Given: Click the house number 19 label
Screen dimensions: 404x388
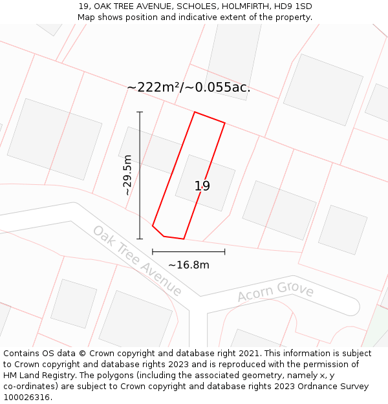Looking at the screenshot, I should point(202,186).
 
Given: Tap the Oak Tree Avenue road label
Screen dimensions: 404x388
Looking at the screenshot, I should point(137,260).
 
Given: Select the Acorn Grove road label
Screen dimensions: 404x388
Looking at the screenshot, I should point(275,292).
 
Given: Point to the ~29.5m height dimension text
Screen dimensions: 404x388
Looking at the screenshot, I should point(127,175).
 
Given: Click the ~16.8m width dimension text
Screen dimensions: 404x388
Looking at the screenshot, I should point(189,265).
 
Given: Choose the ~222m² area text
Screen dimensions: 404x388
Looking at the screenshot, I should point(153,87).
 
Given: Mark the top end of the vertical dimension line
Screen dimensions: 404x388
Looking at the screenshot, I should point(140,112).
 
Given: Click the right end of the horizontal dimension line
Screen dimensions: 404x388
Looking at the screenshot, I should point(225,251).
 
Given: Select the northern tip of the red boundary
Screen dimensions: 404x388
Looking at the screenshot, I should point(195,112).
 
